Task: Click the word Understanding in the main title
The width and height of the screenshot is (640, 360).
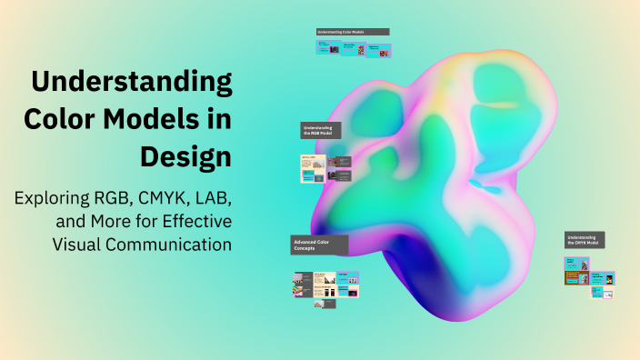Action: [x=133, y=83]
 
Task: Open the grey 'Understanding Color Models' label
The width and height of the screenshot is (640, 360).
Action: [x=353, y=32]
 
